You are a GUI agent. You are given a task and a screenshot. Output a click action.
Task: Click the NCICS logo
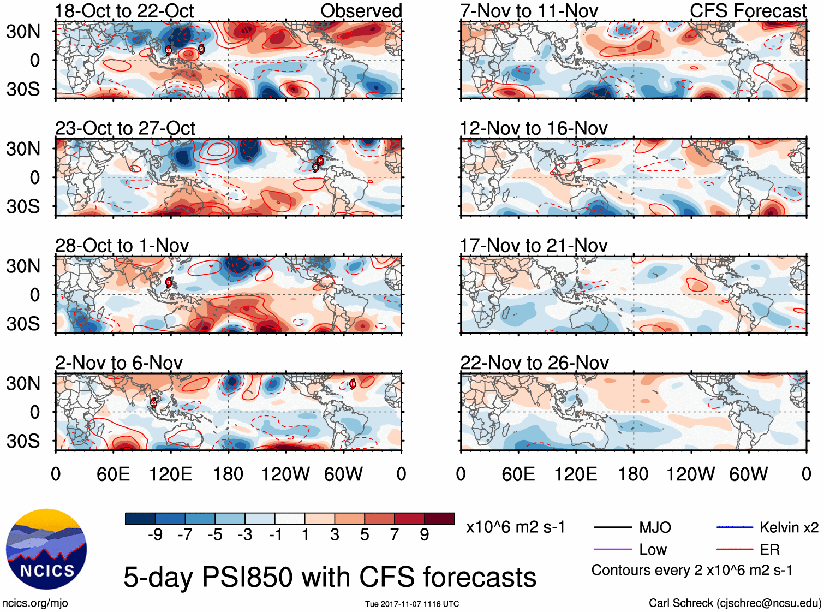[x=46, y=549]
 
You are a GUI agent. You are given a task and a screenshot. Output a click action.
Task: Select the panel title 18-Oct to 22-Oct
[x=124, y=11]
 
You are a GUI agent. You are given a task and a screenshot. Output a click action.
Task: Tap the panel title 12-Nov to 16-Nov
[x=533, y=128]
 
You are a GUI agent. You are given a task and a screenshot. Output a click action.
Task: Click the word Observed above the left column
[x=361, y=11]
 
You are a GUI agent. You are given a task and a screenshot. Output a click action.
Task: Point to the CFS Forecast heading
[x=748, y=11]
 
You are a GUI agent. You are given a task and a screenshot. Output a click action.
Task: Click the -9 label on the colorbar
[x=155, y=535]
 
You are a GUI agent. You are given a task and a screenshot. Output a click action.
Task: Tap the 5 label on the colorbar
[x=365, y=535]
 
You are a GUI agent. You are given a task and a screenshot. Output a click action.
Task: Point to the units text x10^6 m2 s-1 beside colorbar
[x=515, y=527]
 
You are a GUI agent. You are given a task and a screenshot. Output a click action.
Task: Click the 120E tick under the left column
[x=170, y=474]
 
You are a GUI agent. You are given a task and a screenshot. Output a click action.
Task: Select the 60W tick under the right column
[x=748, y=474]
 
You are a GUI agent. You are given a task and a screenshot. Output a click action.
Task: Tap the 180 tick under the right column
[x=633, y=474]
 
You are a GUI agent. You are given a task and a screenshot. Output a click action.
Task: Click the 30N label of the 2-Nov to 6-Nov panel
[x=23, y=383]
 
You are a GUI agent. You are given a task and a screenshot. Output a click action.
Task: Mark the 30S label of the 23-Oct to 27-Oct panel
[x=23, y=206]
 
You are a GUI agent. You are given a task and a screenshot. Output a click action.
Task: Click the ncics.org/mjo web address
[x=35, y=603]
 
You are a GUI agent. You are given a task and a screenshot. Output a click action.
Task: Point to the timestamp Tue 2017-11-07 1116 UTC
[x=412, y=604]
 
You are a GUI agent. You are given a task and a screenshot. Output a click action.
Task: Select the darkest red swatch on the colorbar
[x=439, y=519]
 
